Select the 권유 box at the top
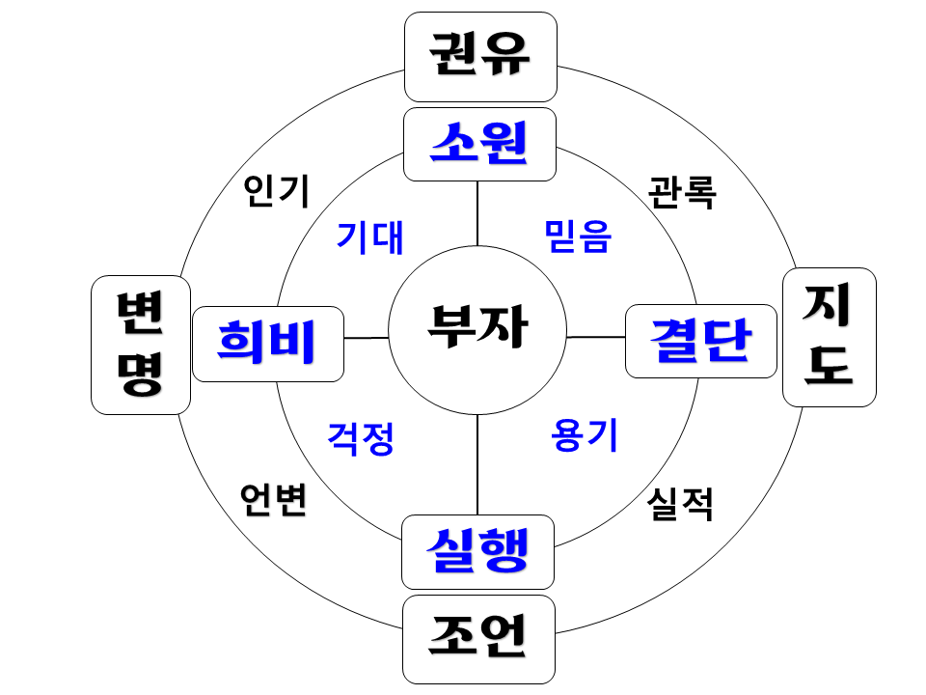(480, 56)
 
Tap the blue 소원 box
(479, 145)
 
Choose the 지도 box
(829, 336)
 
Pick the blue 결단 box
(701, 341)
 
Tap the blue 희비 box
(268, 344)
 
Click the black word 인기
(276, 191)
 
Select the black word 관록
(682, 192)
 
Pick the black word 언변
(274, 499)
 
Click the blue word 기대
(369, 236)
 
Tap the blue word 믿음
(577, 236)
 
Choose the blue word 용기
(584, 436)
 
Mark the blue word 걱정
(361, 438)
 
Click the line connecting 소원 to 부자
(477, 213)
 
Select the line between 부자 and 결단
(596, 337)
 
